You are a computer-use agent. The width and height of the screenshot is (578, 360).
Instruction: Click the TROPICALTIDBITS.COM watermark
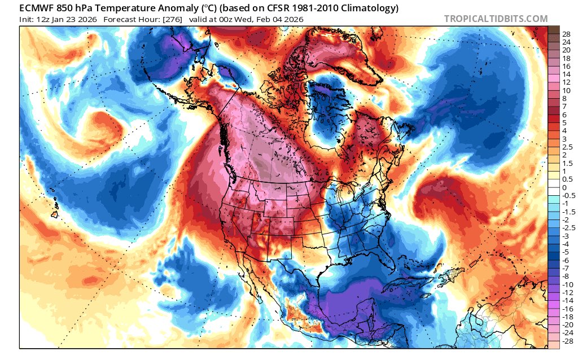coord(496,19)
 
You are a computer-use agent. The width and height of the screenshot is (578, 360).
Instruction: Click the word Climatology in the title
coord(367,8)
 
